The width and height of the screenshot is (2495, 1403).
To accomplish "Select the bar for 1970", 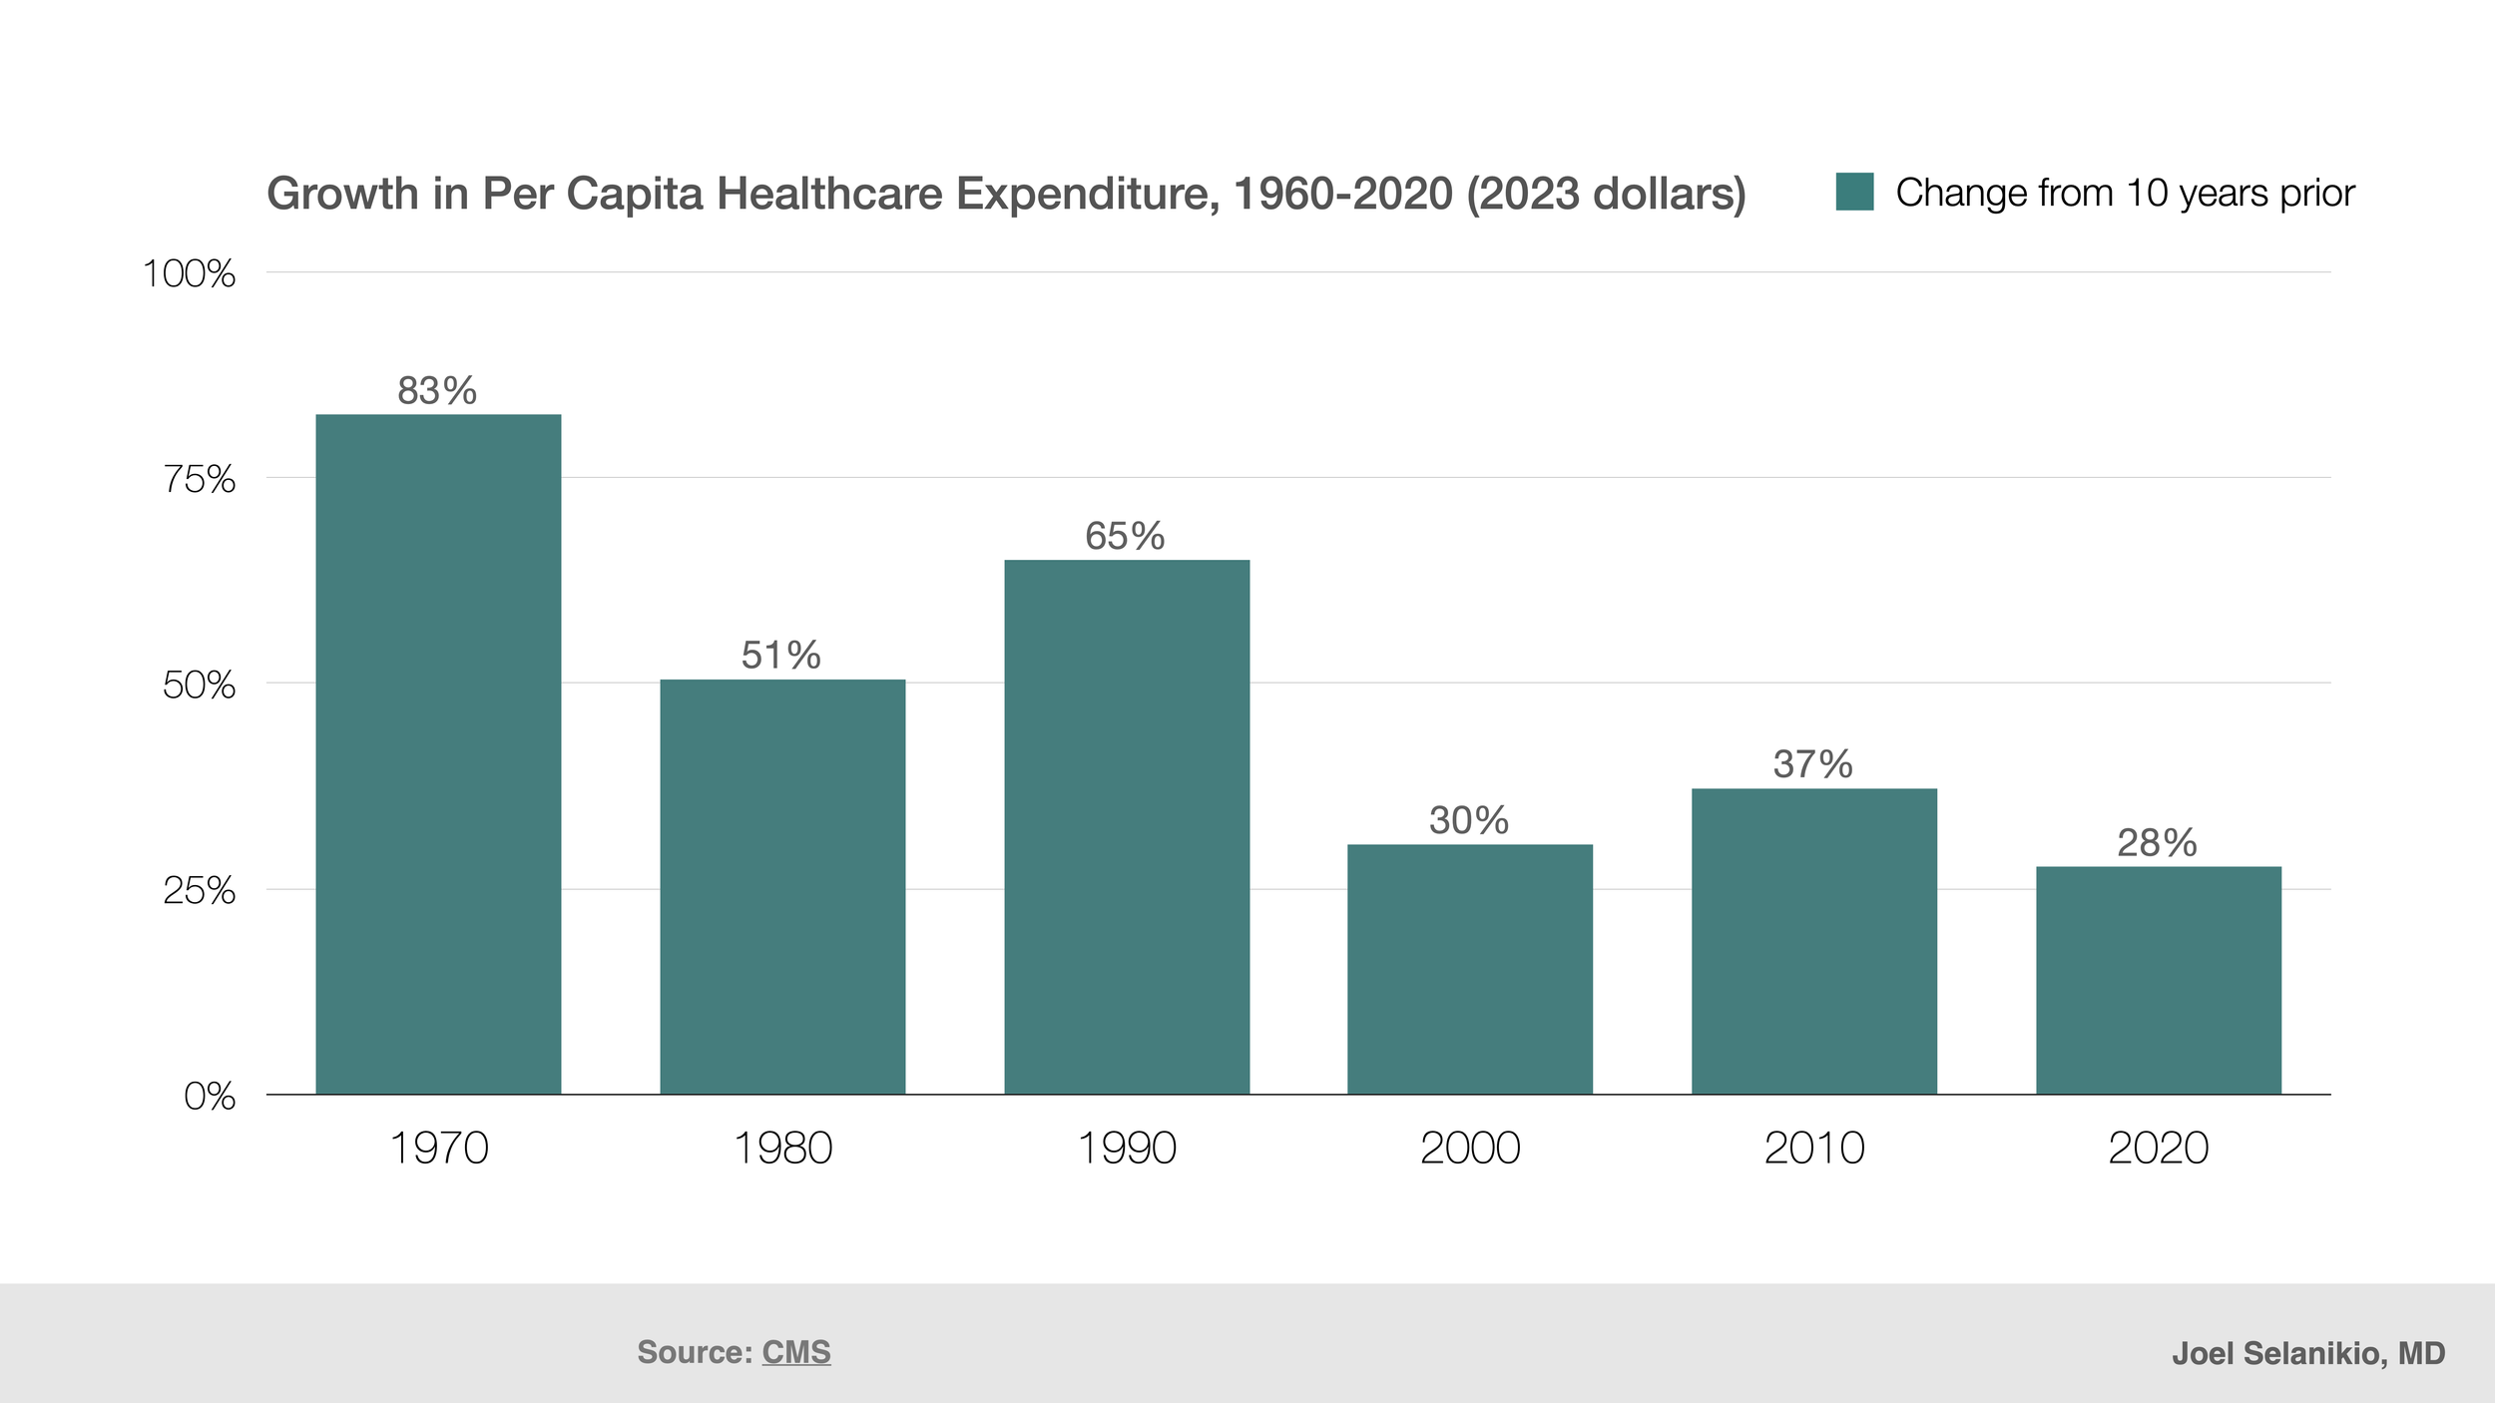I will [438, 754].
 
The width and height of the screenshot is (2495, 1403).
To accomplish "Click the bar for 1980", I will [782, 887].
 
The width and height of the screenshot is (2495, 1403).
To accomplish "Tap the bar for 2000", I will [1470, 969].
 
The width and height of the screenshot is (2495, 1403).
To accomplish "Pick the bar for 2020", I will [2159, 980].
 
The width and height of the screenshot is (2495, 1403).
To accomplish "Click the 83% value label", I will [437, 390].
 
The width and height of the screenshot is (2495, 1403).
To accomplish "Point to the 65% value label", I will [1125, 536].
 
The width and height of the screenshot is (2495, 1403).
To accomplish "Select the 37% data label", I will [1812, 764].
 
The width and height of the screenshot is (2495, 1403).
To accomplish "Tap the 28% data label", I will [2157, 843].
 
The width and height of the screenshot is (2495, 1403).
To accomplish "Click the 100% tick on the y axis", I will [189, 273].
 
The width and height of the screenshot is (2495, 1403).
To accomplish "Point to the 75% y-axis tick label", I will [199, 479].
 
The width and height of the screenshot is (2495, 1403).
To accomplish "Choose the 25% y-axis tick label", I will [199, 890].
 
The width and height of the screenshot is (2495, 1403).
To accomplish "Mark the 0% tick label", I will [210, 1097].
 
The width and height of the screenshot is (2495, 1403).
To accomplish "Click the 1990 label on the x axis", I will [1127, 1148].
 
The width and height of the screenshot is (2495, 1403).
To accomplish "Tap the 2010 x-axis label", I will [1814, 1148].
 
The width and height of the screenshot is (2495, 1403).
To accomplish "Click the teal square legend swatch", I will [1854, 192].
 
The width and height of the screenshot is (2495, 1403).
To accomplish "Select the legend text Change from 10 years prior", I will [2125, 193].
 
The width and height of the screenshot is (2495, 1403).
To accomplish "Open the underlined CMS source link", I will [795, 1352].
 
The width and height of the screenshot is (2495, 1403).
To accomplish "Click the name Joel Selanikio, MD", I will [2308, 1353].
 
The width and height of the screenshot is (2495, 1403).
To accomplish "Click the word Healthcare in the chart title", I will [829, 194].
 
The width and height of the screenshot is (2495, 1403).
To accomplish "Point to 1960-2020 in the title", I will [1342, 194].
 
